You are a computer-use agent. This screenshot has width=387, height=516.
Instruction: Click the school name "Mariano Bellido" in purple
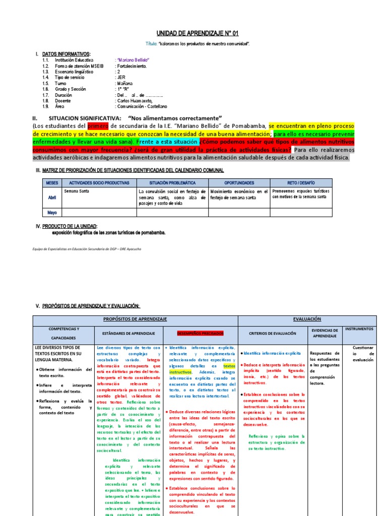pos(133,60)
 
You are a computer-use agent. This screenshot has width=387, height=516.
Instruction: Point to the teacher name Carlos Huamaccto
pos(134,101)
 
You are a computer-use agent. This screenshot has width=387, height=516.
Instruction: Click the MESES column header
pos(52,182)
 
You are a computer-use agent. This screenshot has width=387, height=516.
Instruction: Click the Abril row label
pos(52,198)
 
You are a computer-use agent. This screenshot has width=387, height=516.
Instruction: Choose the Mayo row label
pos(52,212)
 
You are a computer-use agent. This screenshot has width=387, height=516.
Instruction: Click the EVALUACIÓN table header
pos(307,319)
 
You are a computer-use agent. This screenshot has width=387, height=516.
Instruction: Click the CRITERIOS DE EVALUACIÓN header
pos(271,333)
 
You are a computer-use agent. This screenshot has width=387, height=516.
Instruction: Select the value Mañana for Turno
pos(123,83)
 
